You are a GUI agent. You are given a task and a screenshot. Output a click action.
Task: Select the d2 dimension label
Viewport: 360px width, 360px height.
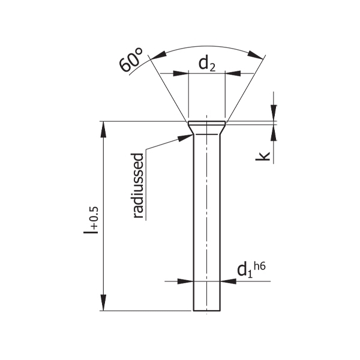tap(207, 64)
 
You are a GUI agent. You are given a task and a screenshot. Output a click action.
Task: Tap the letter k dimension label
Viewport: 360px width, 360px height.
tap(263, 156)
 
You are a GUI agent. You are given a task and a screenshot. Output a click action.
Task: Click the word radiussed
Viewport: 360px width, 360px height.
tap(138, 185)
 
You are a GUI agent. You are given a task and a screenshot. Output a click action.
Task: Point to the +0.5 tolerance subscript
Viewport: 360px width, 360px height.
tap(94, 217)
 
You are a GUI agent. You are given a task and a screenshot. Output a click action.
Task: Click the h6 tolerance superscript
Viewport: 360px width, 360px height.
tap(260, 267)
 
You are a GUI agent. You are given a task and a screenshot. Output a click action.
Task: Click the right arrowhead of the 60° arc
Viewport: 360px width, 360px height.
tap(256, 55)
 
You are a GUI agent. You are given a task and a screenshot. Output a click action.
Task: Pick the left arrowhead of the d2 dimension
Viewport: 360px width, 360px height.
tap(181, 73)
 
